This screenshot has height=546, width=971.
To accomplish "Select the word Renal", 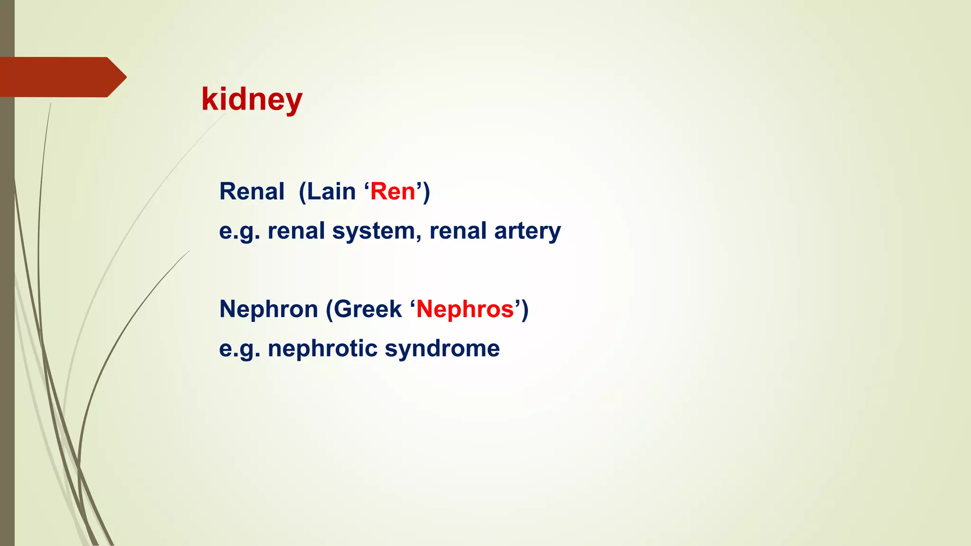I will pos(252,192).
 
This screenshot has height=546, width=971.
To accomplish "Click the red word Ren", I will pos(393,192).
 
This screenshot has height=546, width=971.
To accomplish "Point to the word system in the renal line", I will pos(374,231).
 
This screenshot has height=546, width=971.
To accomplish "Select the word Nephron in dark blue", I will pos(268,309).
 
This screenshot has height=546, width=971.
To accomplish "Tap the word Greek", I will pos(368,309).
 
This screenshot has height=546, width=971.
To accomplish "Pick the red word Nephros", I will pos(465,309).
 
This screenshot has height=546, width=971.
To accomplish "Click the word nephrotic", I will pos(322,349).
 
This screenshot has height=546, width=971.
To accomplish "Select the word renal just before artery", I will pos(458,231).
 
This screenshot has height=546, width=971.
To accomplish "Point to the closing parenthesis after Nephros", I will pos(525,310).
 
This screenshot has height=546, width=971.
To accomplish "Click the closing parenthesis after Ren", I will pos(426,192).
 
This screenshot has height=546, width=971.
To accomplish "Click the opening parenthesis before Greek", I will pos(329,310).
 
